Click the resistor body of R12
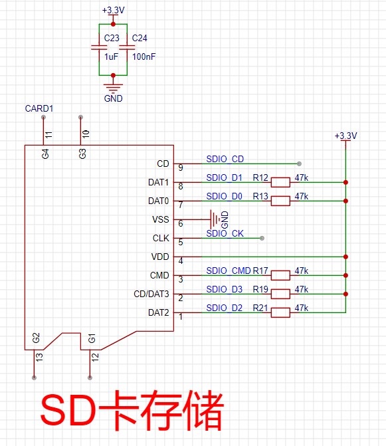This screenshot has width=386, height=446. pyautogui.click(x=280, y=182)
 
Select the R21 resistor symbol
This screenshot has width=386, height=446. pyautogui.click(x=280, y=312)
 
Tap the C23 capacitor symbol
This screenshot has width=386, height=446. pyautogui.click(x=99, y=47)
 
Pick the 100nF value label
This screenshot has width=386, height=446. pyautogui.click(x=144, y=56)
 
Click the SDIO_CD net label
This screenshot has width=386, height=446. pyautogui.click(x=225, y=159)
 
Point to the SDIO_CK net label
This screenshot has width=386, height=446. pyautogui.click(x=225, y=233)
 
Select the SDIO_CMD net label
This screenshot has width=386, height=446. pyautogui.click(x=229, y=271)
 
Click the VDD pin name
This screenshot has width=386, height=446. pyautogui.click(x=160, y=257)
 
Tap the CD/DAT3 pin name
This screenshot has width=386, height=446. pyautogui.click(x=151, y=294)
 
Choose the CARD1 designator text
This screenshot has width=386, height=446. pyautogui.click(x=39, y=108)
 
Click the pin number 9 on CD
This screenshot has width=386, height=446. pyautogui.click(x=181, y=167)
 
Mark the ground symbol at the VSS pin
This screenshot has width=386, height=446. pyautogui.click(x=215, y=219)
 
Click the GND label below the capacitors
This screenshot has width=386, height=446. pyautogui.click(x=113, y=98)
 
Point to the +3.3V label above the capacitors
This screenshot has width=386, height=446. pyautogui.click(x=113, y=10)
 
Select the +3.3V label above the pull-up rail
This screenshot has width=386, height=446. pyautogui.click(x=345, y=136)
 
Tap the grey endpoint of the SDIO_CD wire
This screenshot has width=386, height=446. pyautogui.click(x=299, y=164)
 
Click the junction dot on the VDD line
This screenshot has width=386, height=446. pyautogui.click(x=345, y=257)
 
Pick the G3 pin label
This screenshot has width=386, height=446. pyautogui.click(x=82, y=154)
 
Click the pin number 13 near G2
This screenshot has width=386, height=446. pyautogui.click(x=39, y=357)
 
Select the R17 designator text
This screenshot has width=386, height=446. pyautogui.click(x=260, y=271)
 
